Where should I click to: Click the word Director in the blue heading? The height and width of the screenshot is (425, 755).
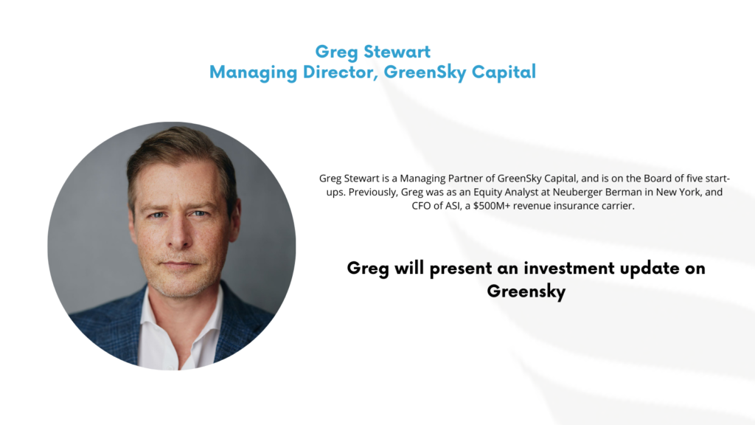point(339,72)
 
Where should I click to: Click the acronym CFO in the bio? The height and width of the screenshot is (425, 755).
point(421,206)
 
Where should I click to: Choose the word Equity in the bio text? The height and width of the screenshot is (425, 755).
point(487,193)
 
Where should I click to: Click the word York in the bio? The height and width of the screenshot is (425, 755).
point(689,193)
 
